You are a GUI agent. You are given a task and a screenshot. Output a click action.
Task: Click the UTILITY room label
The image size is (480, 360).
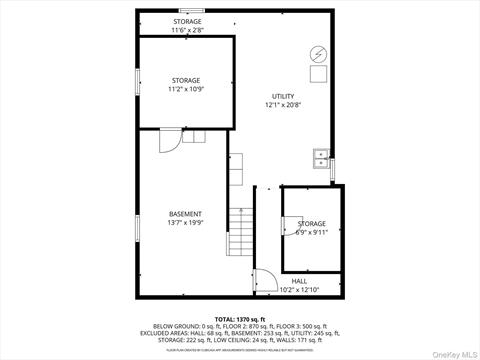[x=283, y=96]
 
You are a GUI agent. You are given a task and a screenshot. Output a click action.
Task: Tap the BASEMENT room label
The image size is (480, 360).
[x=185, y=214]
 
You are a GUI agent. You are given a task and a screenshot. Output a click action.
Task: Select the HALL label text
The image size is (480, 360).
[x=300, y=282]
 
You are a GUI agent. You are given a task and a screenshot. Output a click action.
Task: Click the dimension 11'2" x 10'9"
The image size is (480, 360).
[x=184, y=89]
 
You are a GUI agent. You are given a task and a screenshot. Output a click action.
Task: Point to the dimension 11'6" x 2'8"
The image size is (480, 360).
[x=187, y=30]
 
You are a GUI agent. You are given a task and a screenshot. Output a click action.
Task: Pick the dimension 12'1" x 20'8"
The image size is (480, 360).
[x=283, y=105]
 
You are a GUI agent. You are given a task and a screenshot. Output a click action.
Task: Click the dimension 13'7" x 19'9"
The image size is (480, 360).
[x=185, y=223]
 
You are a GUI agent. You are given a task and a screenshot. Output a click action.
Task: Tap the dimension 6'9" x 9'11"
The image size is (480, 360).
[x=311, y=232]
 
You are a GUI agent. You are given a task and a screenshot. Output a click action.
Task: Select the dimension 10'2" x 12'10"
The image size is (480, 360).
[x=300, y=290]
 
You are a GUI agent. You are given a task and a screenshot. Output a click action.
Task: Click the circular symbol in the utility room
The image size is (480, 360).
[x=319, y=54]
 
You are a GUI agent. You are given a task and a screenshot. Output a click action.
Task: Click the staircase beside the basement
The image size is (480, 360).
[x=241, y=236]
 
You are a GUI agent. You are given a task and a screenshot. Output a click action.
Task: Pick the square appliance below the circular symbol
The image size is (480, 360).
[x=319, y=74]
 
